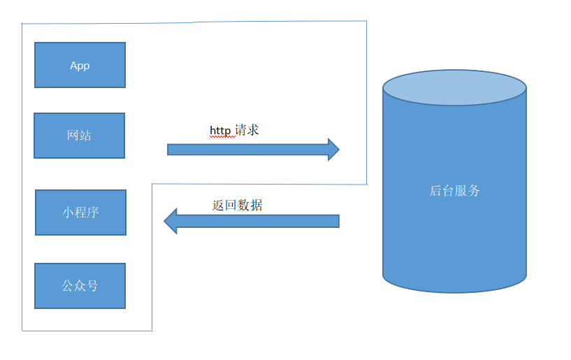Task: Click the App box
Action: [80, 65]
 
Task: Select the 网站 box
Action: [80, 136]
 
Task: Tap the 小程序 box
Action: [81, 213]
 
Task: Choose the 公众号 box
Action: [80, 286]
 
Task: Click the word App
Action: [80, 66]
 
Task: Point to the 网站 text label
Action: [79, 136]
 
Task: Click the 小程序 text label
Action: [80, 212]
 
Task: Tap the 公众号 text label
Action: [80, 286]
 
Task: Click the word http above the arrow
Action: [220, 131]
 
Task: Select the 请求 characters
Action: [247, 130]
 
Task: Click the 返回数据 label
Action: [238, 205]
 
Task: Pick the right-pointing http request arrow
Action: [254, 150]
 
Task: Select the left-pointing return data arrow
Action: [252, 221]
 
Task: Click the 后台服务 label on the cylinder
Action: [455, 191]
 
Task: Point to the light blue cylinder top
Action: [454, 88]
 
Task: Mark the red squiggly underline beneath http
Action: [222, 137]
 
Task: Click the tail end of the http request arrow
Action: [168, 150]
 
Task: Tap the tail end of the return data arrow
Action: [339, 221]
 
